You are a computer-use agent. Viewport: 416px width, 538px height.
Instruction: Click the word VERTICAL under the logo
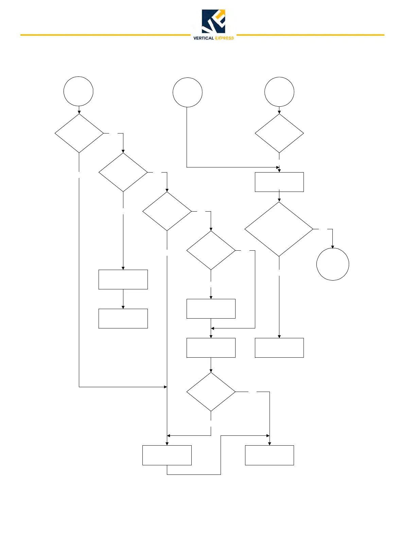coord(203,38)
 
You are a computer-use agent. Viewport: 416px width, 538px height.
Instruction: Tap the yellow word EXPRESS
coord(224,38)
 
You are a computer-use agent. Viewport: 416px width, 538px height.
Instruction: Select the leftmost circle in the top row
coord(79,91)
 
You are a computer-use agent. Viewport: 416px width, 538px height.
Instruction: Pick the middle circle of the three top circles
coord(188,92)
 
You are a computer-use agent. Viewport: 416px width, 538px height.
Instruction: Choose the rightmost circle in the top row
coord(279,92)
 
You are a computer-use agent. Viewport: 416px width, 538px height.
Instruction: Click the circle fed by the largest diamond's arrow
coord(333,264)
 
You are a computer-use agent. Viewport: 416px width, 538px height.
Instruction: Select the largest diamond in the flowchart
coord(279,229)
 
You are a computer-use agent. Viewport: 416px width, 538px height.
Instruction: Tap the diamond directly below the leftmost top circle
coord(79,133)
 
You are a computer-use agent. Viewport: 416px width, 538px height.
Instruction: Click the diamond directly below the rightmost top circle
coord(279,133)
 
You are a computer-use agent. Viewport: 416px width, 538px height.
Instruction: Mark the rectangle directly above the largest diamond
coord(279,182)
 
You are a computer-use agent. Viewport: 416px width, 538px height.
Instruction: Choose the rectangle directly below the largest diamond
coord(279,348)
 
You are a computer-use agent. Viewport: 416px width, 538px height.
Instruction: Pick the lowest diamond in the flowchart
coord(211,392)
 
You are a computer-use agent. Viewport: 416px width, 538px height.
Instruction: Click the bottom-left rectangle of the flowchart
coord(167,455)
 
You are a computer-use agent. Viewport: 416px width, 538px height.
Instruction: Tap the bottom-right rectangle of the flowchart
coord(270,455)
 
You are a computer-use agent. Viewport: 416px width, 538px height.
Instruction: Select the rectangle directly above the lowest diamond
coord(211,348)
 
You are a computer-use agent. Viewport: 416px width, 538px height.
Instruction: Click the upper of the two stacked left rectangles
coord(123,280)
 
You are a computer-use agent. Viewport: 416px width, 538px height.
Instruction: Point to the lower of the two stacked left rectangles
coord(123,319)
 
